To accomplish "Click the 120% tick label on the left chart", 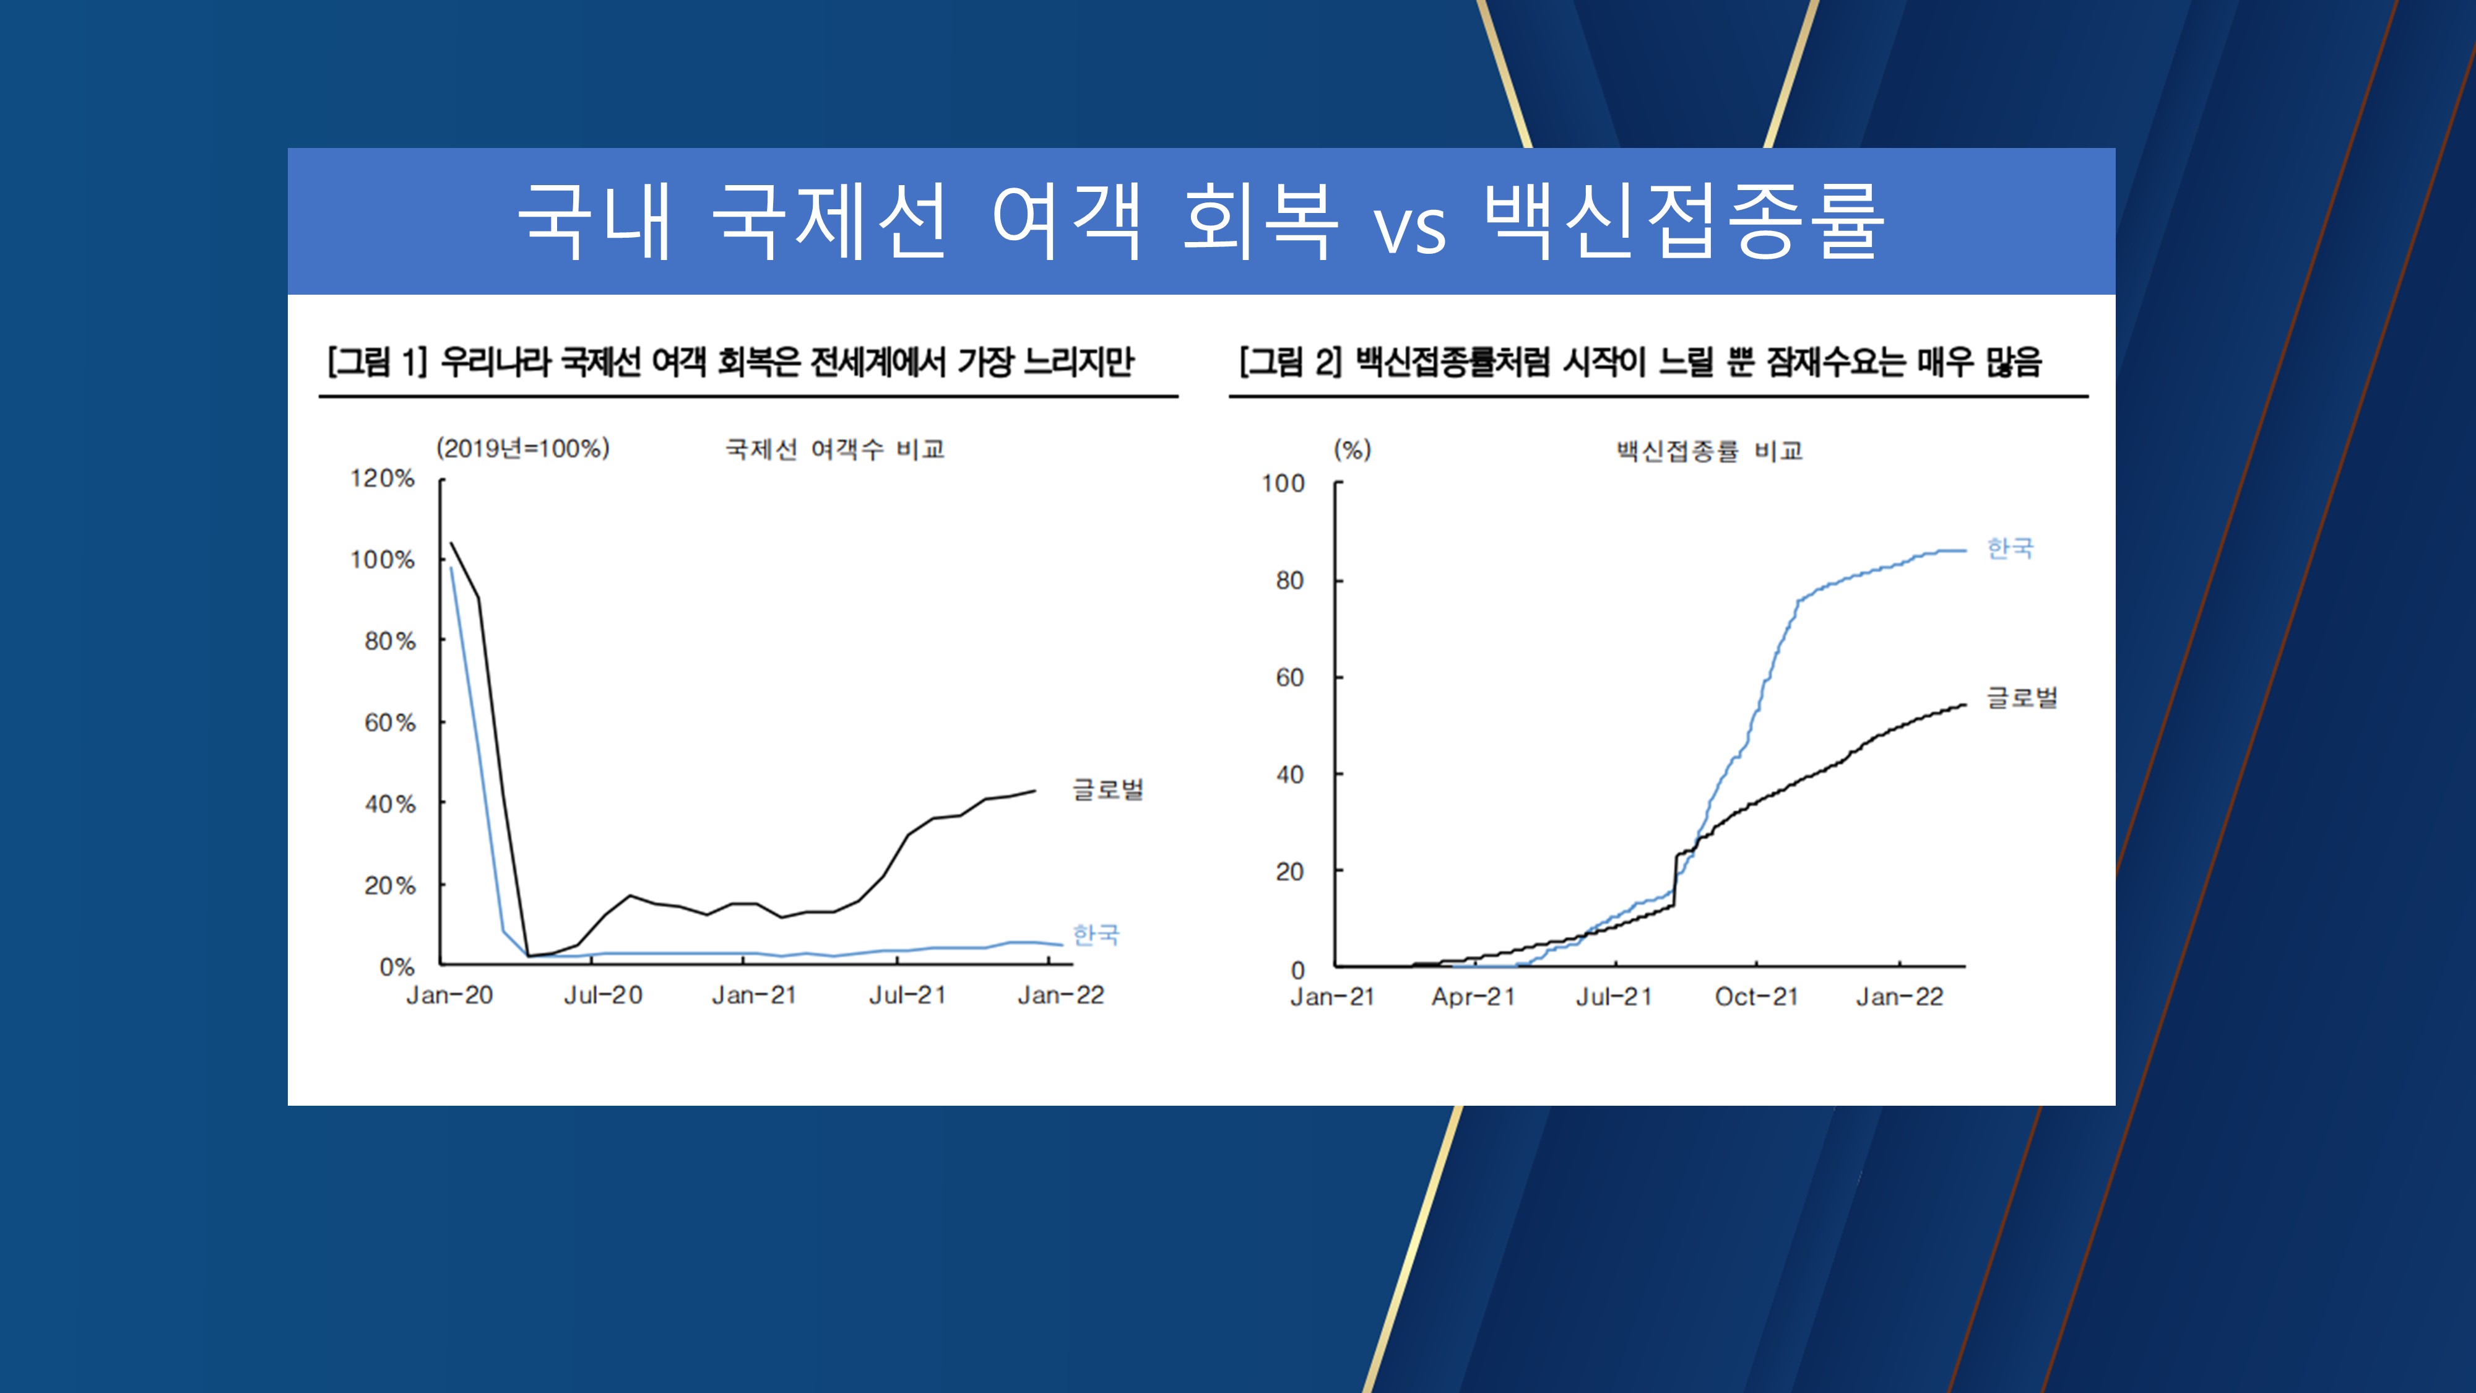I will [383, 479].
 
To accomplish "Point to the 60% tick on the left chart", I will [389, 723].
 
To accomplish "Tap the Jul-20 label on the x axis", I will [603, 995].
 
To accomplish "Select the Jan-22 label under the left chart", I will [1060, 995].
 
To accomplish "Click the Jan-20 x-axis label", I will [449, 995].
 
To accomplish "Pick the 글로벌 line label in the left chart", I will [1107, 790].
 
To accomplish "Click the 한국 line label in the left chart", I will [1096, 934].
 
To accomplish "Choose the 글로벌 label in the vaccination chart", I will [2022, 698].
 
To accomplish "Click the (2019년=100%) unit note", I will [523, 449].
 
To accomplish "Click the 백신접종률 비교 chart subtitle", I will [1709, 451].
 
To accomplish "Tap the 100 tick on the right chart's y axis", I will [1283, 484].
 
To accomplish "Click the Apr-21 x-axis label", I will [1473, 997].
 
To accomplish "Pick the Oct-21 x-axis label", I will [1756, 997].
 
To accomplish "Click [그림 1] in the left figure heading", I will [377, 362].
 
